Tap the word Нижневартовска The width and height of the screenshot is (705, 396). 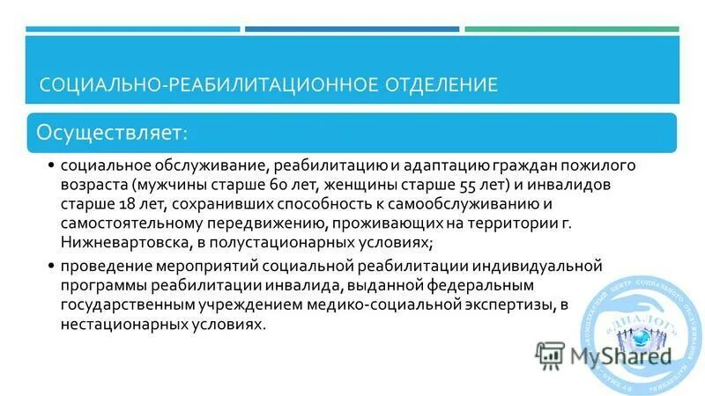pyautogui.click(x=119, y=241)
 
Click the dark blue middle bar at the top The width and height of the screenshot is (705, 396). pyautogui.click(x=352, y=29)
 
